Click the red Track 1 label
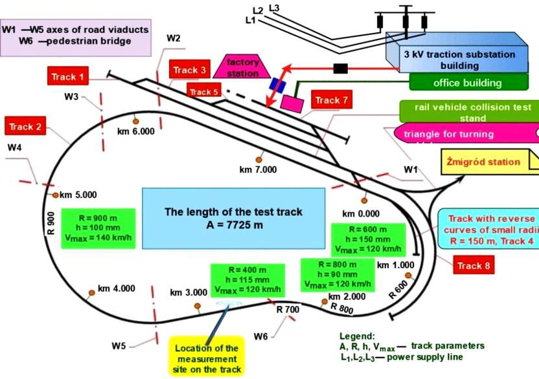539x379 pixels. click(68, 77)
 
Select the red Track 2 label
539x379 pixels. click(25, 126)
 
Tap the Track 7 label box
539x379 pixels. click(332, 100)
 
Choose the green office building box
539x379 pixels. click(467, 83)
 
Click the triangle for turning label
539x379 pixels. click(457, 134)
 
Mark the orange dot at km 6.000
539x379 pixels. click(135, 120)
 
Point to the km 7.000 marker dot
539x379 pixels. click(259, 158)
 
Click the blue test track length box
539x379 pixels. click(233, 218)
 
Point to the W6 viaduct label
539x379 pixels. click(260, 336)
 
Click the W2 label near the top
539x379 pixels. click(173, 38)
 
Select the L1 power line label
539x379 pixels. click(251, 20)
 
